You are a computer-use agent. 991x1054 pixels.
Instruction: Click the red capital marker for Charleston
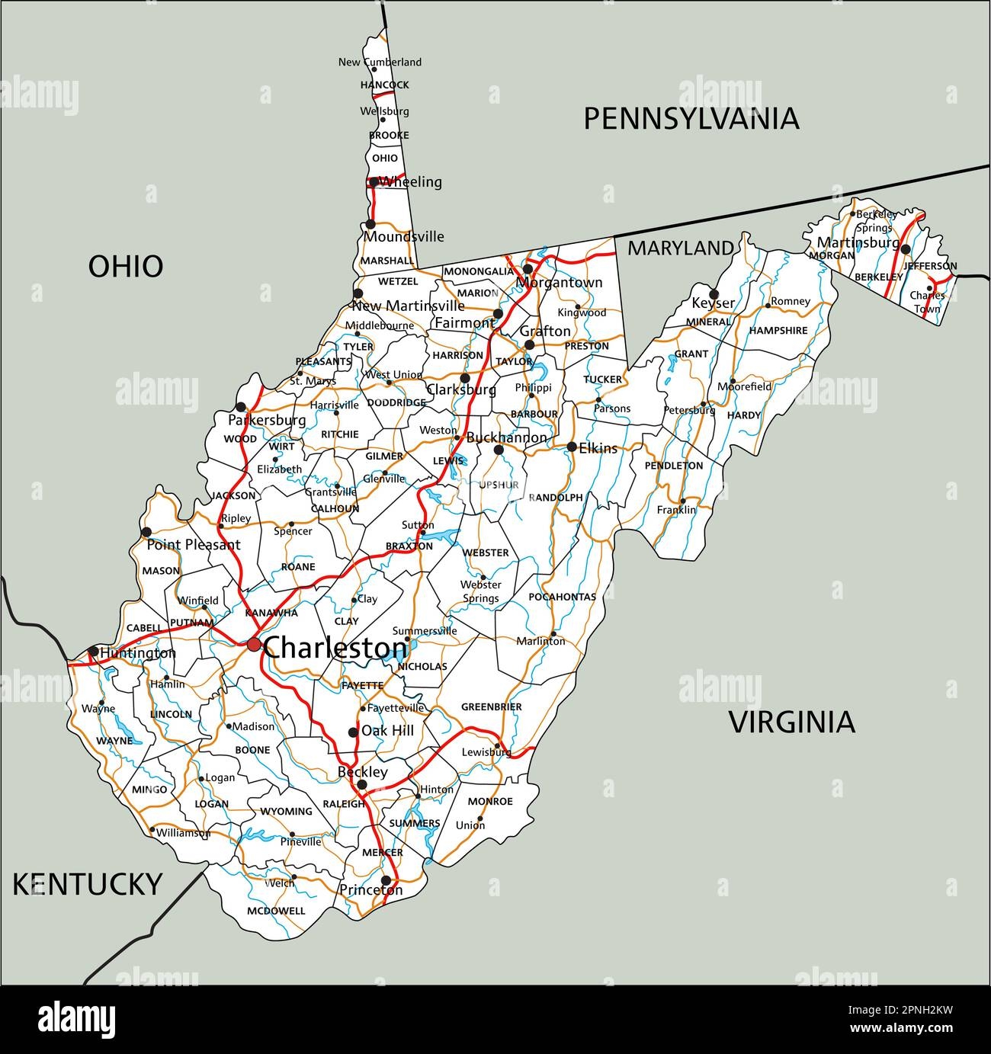[254, 645]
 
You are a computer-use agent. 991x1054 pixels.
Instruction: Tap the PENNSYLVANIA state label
[691, 119]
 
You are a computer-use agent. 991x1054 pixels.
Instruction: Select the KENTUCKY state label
[87, 884]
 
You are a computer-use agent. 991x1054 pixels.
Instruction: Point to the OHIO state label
[126, 267]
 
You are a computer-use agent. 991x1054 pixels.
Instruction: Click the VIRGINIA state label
[792, 722]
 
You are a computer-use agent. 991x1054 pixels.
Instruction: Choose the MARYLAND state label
[680, 248]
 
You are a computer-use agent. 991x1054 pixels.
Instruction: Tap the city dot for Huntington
[93, 651]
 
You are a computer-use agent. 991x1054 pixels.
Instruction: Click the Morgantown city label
[559, 283]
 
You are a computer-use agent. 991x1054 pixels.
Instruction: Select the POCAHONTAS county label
[562, 597]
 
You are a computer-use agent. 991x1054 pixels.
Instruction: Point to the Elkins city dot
[571, 447]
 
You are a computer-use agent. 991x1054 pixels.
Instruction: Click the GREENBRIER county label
[491, 707]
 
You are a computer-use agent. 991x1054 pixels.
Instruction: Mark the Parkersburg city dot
[241, 406]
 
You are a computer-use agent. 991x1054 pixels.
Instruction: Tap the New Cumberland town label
[380, 62]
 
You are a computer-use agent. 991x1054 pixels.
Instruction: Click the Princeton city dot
[386, 880]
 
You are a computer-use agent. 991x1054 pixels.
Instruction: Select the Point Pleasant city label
[193, 545]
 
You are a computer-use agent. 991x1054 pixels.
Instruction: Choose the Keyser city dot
[714, 293]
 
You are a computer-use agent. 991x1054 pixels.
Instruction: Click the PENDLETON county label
[673, 466]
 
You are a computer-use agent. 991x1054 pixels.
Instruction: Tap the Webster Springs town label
[480, 591]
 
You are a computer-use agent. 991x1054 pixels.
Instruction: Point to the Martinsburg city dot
[905, 249]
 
